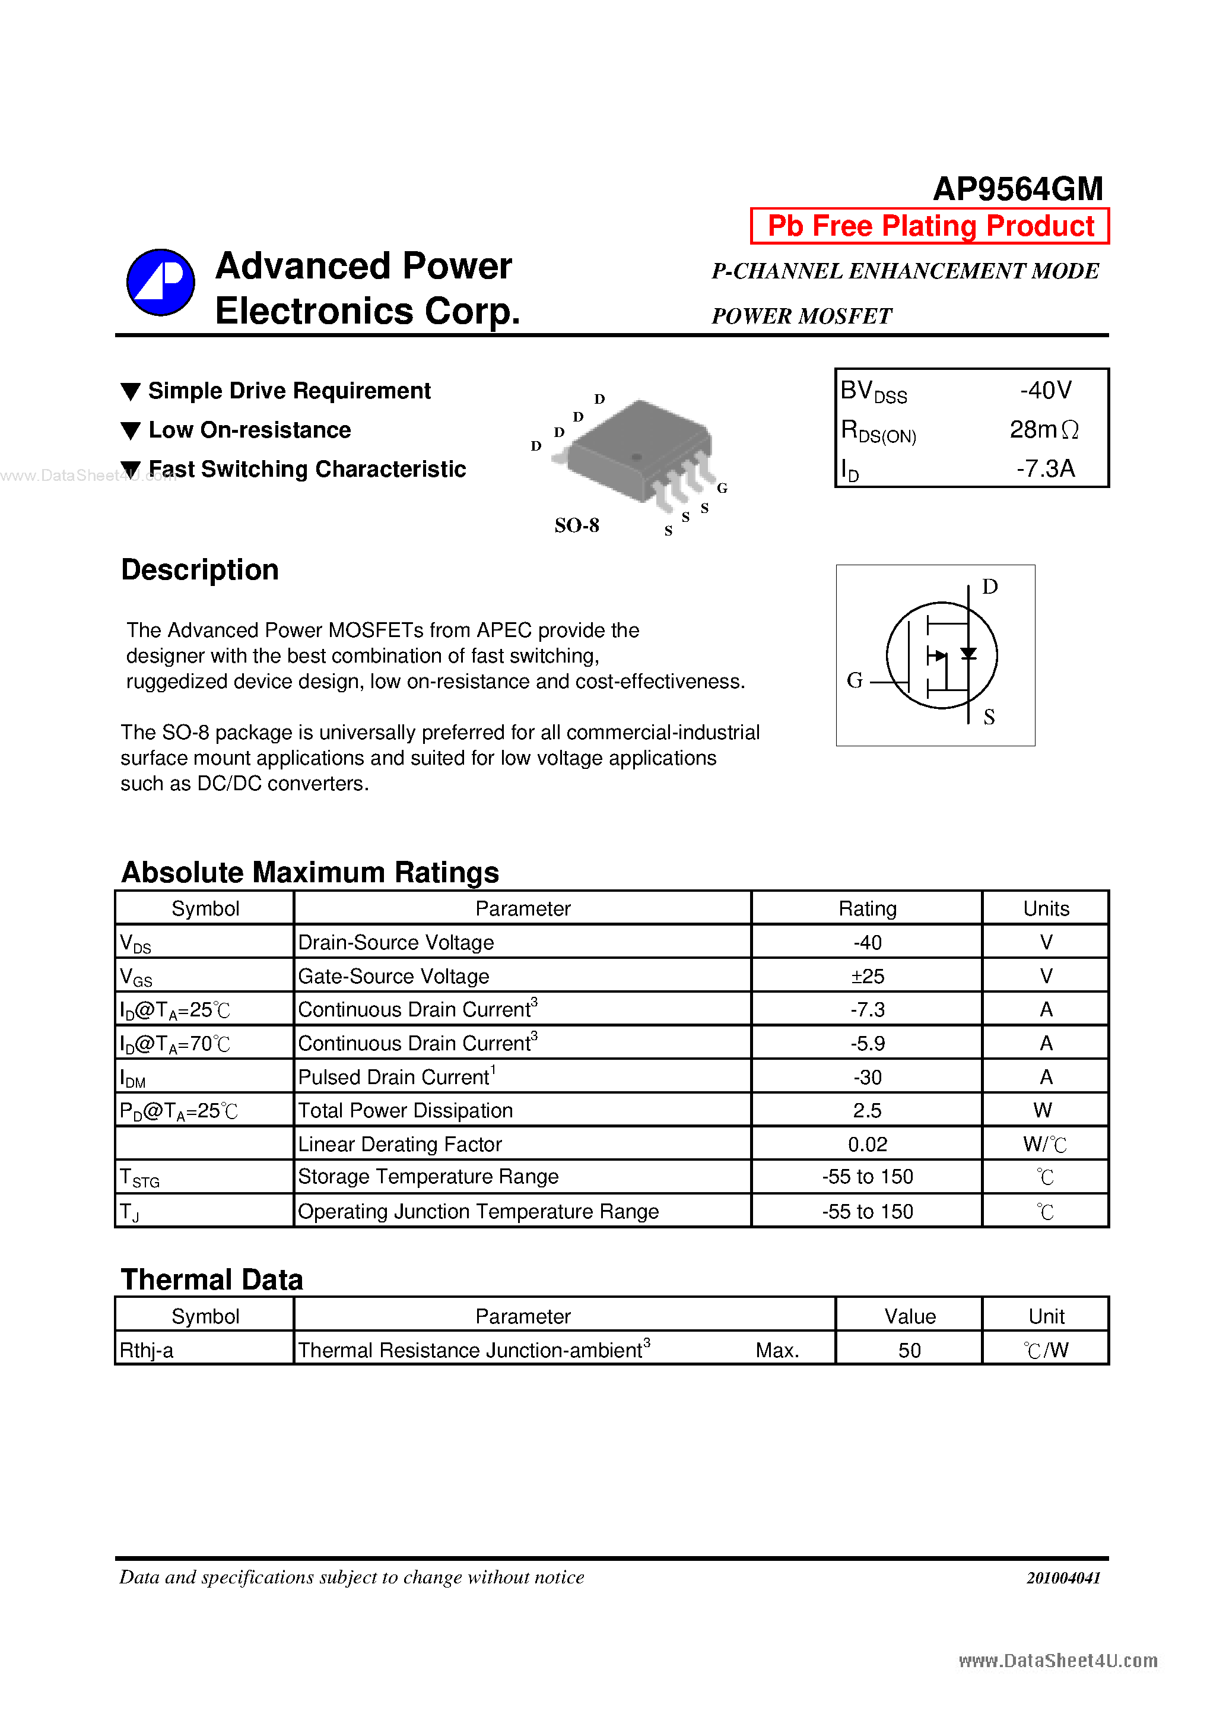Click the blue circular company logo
tap(160, 282)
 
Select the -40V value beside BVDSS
tap(1046, 390)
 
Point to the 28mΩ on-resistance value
tap(1044, 429)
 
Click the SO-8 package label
tap(577, 525)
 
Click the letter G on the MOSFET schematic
tap(854, 680)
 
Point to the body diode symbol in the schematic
tap(968, 653)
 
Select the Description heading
tap(199, 569)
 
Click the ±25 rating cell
tap(867, 976)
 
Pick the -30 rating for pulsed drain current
tap(867, 1076)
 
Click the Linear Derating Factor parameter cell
tap(400, 1144)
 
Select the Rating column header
tap(867, 908)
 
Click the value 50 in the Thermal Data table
tap(909, 1351)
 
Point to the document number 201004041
tap(1063, 1577)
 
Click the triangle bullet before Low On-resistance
tap(131, 431)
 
